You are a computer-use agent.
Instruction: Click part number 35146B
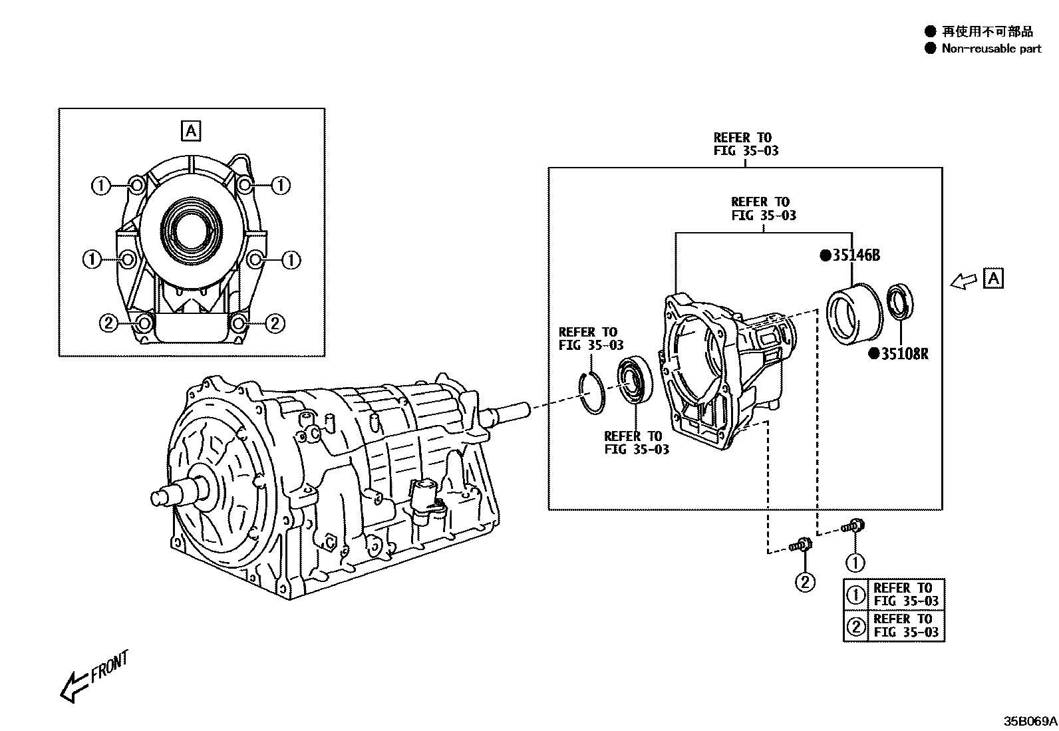point(856,255)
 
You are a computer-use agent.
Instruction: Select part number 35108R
point(904,354)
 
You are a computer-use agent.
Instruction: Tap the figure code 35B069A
point(1030,720)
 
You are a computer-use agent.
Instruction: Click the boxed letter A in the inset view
point(191,131)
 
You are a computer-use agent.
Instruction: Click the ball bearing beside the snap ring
point(635,380)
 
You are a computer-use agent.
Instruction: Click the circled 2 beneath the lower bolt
point(805,583)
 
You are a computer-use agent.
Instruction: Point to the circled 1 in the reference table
point(855,594)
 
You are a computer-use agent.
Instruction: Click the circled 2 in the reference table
point(855,626)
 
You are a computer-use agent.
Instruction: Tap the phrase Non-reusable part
point(991,49)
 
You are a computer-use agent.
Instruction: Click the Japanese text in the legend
point(987,31)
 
